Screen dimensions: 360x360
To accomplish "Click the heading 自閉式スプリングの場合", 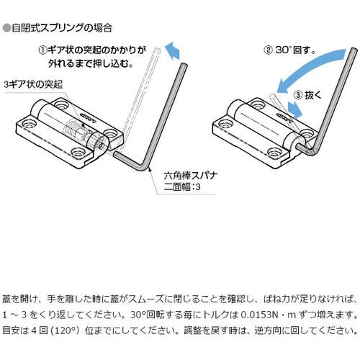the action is click(x=62, y=28).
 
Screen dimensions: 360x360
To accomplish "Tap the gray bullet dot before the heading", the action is click(x=6, y=28).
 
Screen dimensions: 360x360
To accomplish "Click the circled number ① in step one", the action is click(x=42, y=50).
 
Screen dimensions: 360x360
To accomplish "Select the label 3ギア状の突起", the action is click(x=33, y=85).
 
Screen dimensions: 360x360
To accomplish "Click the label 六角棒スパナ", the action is click(x=191, y=176).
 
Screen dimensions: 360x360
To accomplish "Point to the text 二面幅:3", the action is click(x=182, y=186).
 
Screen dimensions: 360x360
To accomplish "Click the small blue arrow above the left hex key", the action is click(x=173, y=50).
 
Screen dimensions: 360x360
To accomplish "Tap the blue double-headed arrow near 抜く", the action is click(x=294, y=110).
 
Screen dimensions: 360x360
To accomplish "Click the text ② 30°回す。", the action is click(x=289, y=50).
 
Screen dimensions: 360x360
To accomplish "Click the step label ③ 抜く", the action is click(x=307, y=95).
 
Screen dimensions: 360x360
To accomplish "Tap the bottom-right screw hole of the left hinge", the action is click(x=78, y=152).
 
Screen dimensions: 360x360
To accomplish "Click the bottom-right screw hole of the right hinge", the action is click(x=274, y=152).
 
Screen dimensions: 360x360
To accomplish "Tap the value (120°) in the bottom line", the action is click(x=65, y=330).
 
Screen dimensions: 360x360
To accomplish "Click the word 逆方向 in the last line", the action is click(x=268, y=330).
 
